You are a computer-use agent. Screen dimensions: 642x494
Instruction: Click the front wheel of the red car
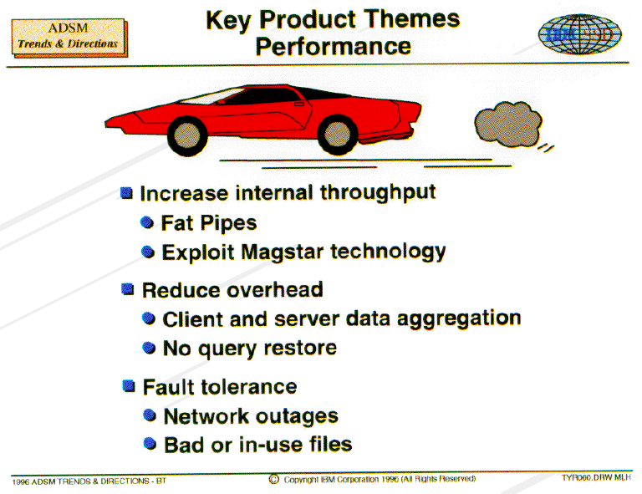point(187,136)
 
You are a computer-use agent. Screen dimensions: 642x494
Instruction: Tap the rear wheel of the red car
point(338,135)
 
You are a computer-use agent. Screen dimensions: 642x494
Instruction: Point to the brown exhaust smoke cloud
point(508,125)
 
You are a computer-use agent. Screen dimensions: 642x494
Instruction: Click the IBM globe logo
point(580,34)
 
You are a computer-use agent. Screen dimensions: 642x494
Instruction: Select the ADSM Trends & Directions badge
point(69,38)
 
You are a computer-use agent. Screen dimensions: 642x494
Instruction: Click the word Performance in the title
point(334,46)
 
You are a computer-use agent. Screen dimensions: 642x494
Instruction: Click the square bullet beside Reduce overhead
point(128,289)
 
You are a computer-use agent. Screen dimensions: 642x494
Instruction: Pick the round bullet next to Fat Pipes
point(147,222)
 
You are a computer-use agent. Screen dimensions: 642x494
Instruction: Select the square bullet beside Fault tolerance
point(129,386)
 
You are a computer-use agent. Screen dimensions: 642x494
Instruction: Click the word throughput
point(378,193)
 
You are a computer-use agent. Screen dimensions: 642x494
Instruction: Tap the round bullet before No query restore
point(149,348)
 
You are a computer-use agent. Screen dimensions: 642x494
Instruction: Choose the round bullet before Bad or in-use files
point(150,444)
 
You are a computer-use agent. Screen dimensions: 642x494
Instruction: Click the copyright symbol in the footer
point(274,479)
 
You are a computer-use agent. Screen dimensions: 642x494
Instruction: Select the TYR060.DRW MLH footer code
point(596,477)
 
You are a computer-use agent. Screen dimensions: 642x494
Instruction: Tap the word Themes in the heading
point(411,19)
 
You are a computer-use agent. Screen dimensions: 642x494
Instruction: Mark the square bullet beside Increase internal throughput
point(126,193)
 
